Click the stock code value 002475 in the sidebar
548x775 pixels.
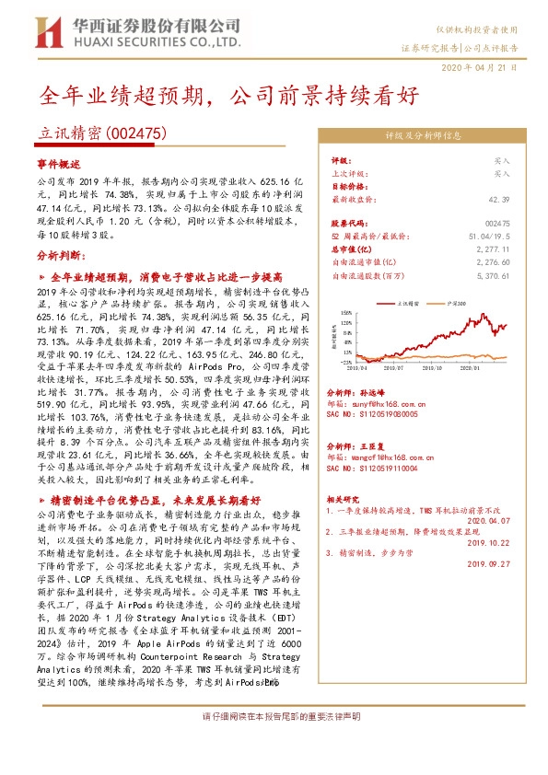pyautogui.click(x=496, y=224)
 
